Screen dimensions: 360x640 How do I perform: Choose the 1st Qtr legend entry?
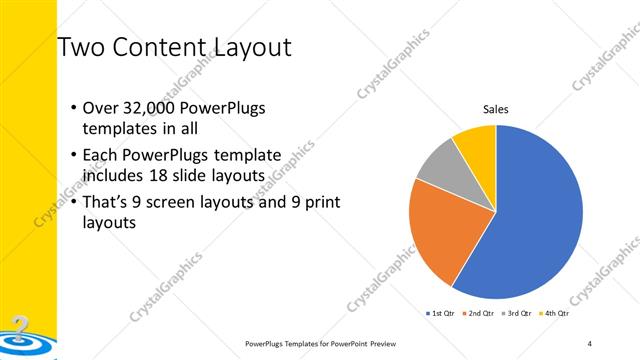click(x=442, y=313)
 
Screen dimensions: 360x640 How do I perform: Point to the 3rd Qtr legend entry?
click(x=520, y=313)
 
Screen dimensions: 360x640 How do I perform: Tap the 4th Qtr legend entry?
click(x=557, y=313)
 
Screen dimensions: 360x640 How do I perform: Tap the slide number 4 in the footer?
click(x=590, y=343)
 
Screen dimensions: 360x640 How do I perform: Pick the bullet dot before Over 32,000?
click(x=74, y=108)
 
